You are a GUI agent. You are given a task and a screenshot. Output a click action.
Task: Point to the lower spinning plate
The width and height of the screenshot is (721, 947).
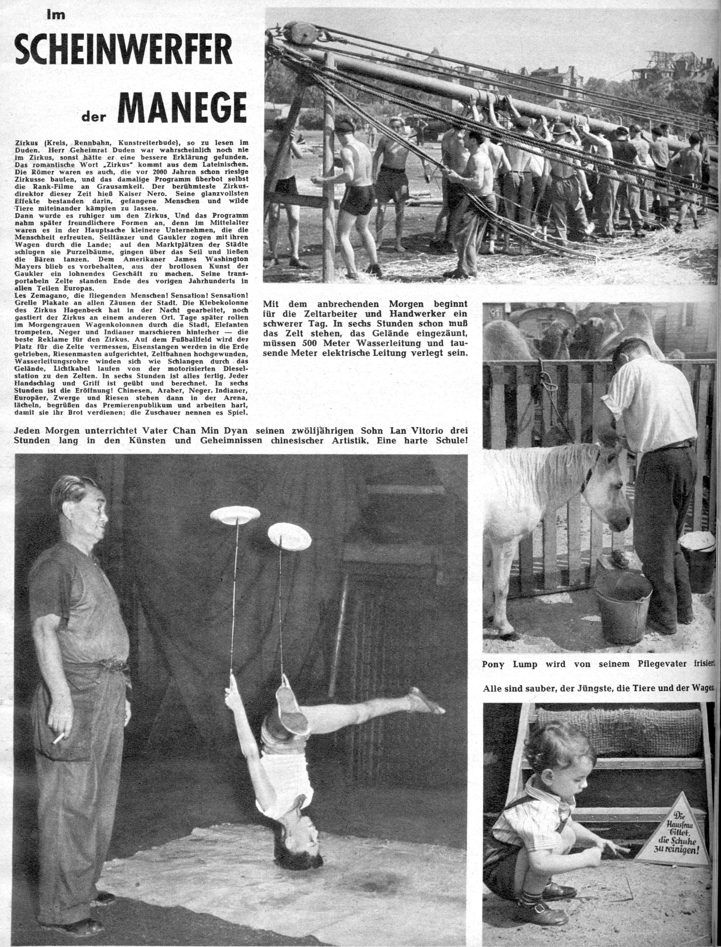pos(290,536)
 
